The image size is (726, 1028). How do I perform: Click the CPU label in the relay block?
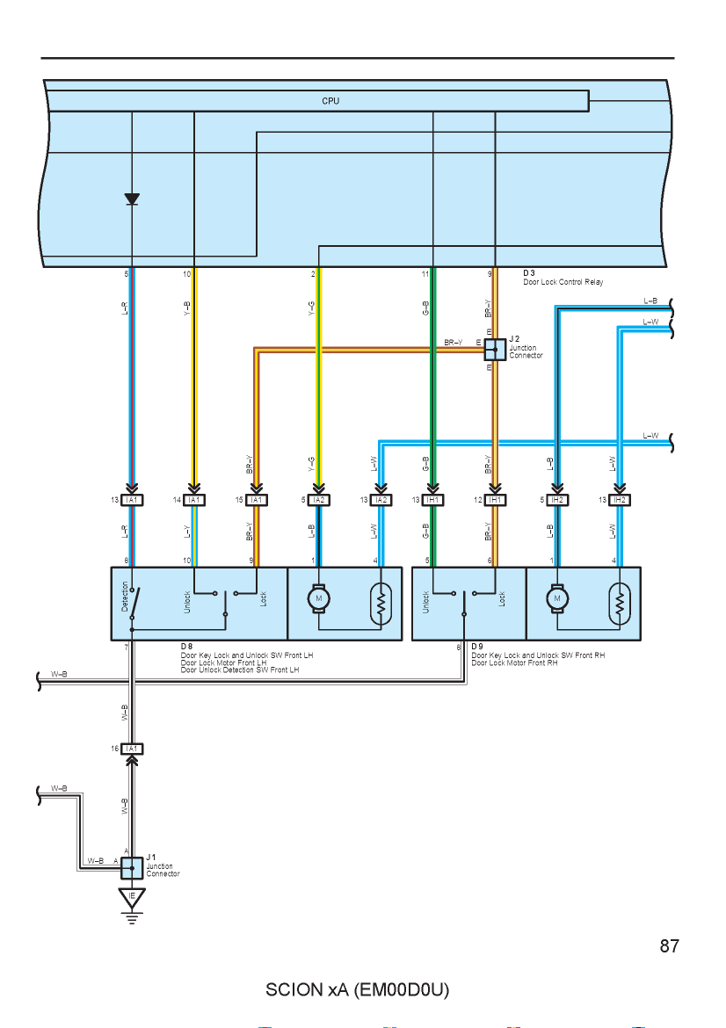pos(330,101)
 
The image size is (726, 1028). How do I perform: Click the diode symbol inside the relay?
pos(132,199)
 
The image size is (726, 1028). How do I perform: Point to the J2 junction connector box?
pos(495,350)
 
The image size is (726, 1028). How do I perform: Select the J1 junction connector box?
pos(132,868)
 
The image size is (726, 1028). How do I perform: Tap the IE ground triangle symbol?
pos(132,898)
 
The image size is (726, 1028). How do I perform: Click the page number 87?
pos(669,945)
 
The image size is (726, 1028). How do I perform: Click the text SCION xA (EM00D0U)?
pos(357,989)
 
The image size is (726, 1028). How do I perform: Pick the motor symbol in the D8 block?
pos(319,598)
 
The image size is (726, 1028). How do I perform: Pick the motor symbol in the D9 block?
pos(557,598)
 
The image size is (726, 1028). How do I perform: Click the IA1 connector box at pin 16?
pos(132,749)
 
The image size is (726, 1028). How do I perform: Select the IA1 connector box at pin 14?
pos(194,500)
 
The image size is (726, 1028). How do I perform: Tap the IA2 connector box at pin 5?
pos(319,500)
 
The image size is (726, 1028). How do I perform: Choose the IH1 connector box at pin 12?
pos(495,500)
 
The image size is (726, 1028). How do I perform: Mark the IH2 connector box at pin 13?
pos(619,500)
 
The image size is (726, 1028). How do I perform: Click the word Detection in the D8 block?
pos(126,596)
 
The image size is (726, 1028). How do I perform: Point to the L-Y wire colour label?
pos(187,531)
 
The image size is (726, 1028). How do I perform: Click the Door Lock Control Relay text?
pos(563,282)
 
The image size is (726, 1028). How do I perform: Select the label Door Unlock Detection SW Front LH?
pos(239,670)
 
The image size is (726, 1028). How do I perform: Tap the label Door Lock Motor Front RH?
pos(514,662)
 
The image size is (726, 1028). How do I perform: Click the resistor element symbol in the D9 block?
pos(619,603)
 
